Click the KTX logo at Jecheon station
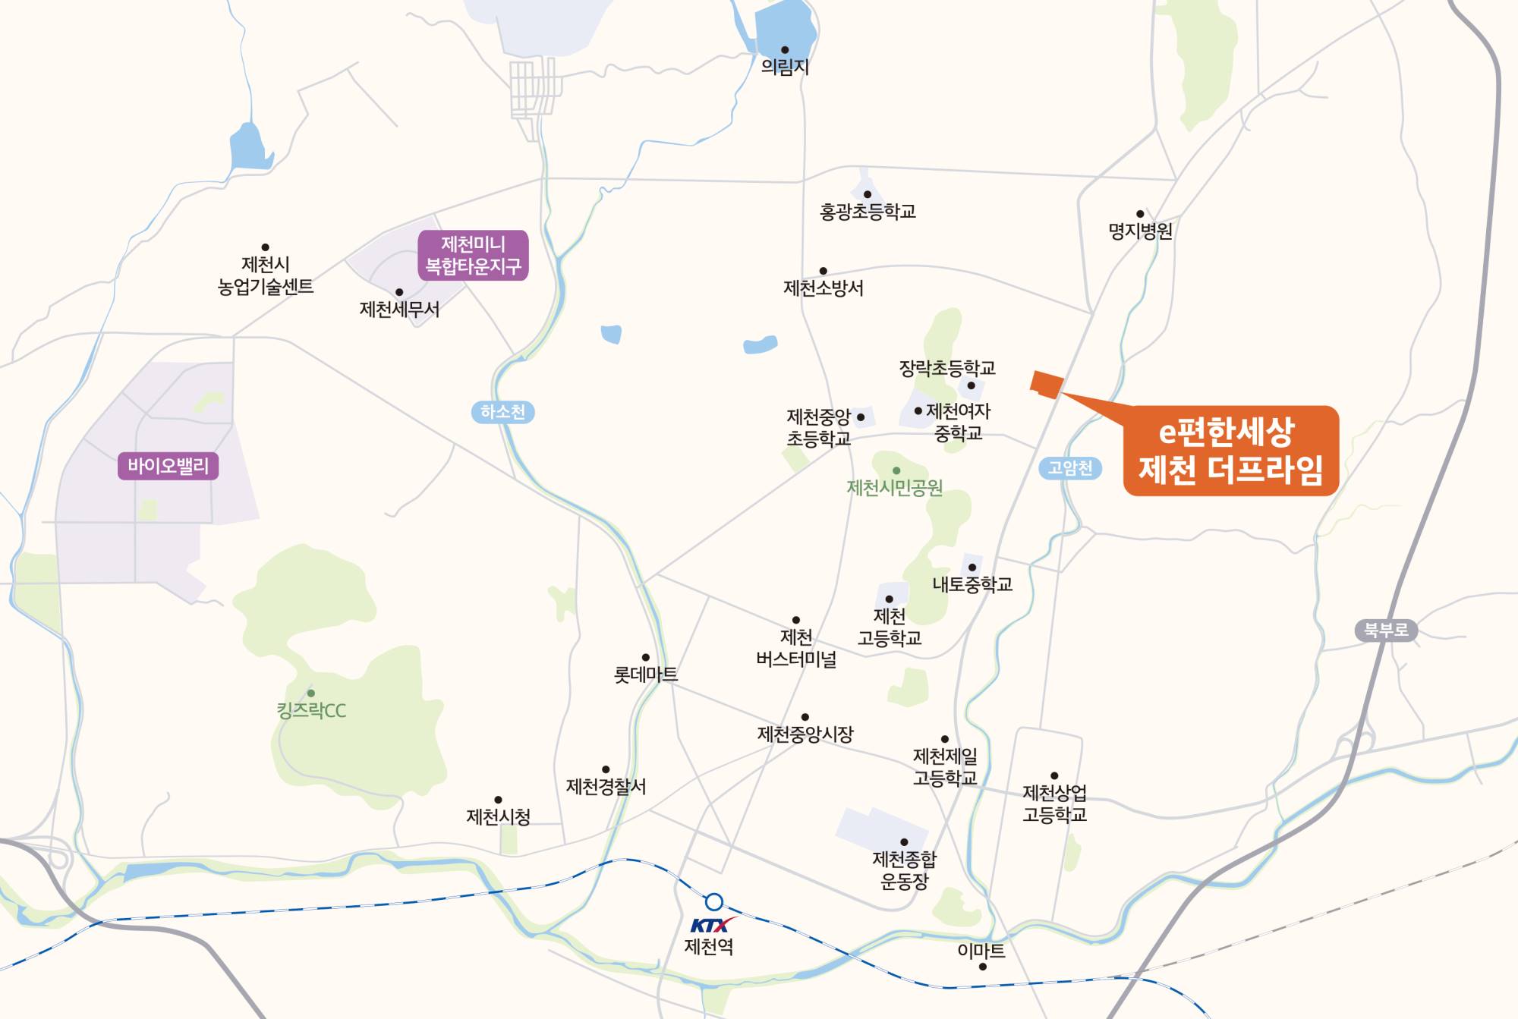coord(712,925)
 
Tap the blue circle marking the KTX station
coord(713,902)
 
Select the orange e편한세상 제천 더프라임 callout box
coord(1230,451)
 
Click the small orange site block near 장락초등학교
coord(1047,385)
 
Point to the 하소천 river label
coord(502,412)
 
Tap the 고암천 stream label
coord(1070,467)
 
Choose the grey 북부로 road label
coord(1386,630)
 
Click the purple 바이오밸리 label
coord(168,466)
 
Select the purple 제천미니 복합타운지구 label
coord(473,255)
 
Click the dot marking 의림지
coord(785,50)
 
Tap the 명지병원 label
coord(1140,231)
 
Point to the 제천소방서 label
coord(824,288)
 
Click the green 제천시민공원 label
coord(895,488)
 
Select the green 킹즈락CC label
coord(311,711)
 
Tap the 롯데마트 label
coord(645,675)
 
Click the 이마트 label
coord(981,951)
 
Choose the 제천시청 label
coord(498,817)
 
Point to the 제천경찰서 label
coord(606,787)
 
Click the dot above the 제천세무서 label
coord(399,292)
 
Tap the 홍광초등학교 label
coord(868,212)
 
